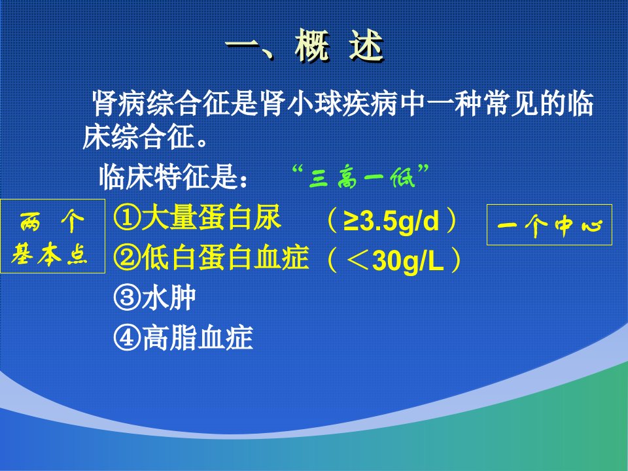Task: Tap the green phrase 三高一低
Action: pos(361,177)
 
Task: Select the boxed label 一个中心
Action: pos(549,224)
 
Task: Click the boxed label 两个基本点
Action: pos(52,236)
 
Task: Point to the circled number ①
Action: pos(126,218)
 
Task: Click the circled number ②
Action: pos(126,258)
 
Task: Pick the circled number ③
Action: pos(126,298)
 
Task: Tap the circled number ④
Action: pos(126,338)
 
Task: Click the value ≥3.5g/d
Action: pos(391,220)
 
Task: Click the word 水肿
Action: pos(168,298)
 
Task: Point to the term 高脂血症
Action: pos(197,338)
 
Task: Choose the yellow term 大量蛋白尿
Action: pos(211,218)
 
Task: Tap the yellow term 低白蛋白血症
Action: pos(224,258)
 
